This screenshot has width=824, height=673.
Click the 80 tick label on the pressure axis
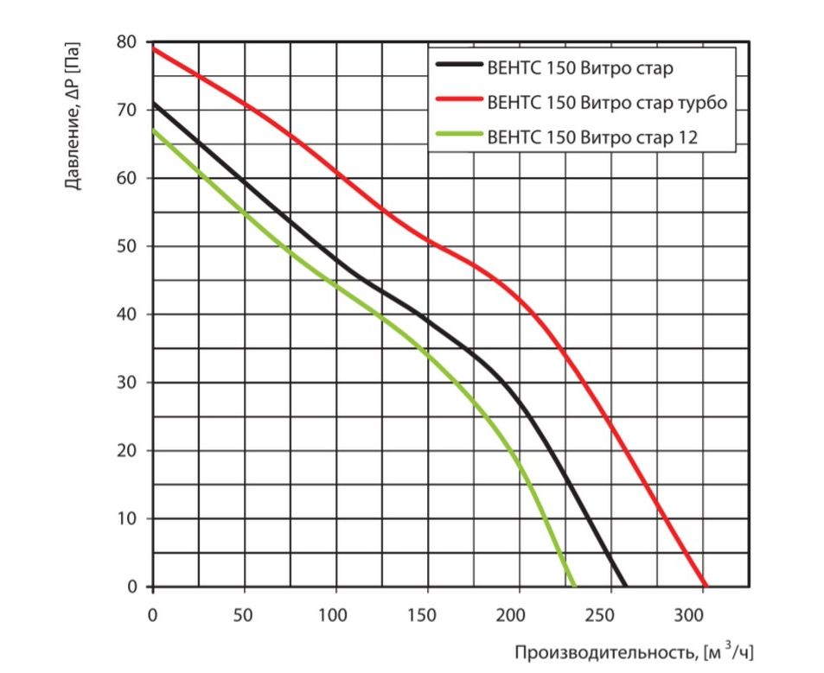coord(128,42)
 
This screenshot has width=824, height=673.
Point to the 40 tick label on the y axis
coord(128,314)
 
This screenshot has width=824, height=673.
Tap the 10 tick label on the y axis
coord(128,519)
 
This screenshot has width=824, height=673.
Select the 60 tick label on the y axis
coord(128,179)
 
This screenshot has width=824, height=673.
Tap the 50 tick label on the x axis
coord(244,615)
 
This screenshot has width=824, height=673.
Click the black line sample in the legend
coord(458,64)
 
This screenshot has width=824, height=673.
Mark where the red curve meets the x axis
coord(706,587)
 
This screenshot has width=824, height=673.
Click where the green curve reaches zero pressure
coord(574,587)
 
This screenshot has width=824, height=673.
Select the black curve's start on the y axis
coord(153,104)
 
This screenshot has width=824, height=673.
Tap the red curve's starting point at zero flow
coord(153,48)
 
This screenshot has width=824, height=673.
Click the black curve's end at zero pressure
coord(626,587)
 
